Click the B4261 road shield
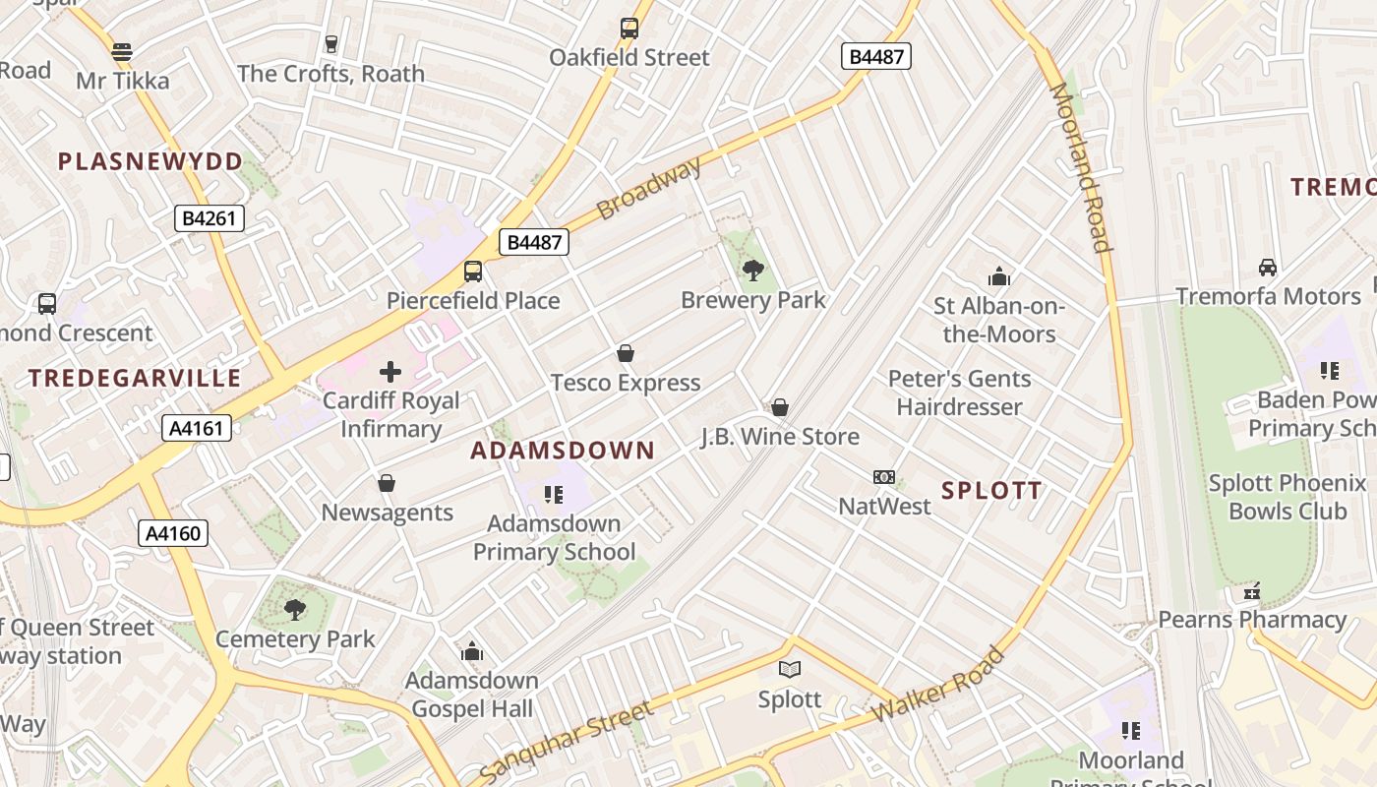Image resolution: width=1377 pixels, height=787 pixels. click(209, 218)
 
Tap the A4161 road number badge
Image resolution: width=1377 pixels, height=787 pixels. click(197, 427)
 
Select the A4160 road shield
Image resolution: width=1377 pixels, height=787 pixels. click(173, 533)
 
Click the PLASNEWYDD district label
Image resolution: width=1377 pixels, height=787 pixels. click(150, 161)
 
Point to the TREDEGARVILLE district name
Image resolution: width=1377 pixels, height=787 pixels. click(135, 378)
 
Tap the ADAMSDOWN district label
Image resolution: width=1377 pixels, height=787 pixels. click(563, 451)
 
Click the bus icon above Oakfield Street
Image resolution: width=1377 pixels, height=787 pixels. click(629, 29)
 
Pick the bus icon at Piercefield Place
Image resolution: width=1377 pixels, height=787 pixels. click(473, 272)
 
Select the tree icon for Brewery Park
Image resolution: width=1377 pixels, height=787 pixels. click(753, 270)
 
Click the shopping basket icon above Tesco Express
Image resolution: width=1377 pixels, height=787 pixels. click(626, 353)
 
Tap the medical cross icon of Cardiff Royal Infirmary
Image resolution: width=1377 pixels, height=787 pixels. click(390, 372)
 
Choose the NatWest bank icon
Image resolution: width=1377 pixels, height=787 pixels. click(884, 477)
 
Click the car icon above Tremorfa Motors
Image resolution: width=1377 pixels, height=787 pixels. click(1268, 268)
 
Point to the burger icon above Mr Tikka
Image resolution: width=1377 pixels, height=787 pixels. click(122, 51)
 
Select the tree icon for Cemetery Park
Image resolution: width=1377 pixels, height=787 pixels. click(295, 610)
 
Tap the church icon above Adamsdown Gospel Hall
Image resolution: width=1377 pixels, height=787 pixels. click(472, 651)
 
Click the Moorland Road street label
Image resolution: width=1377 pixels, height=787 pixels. click(1081, 167)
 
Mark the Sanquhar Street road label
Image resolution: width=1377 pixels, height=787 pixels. click(567, 741)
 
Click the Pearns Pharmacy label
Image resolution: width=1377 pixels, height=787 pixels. click(1252, 620)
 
